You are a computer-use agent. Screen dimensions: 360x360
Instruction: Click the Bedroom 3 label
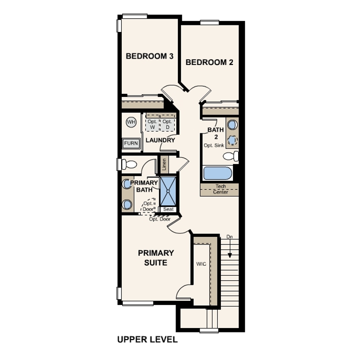coord(149,56)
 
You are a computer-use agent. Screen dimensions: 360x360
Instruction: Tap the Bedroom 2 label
coord(209,62)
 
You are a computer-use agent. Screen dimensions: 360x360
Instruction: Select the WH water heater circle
coord(131,122)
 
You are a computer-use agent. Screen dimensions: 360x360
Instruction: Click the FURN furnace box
coord(131,143)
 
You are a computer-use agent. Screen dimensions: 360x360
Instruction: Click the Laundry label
coord(160,140)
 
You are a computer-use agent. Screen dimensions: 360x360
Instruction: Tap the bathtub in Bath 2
coord(217,173)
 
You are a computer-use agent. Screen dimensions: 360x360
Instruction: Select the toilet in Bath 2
coord(231,156)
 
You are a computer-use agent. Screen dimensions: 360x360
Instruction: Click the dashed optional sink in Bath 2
coord(232,140)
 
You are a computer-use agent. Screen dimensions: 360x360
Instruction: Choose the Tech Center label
coord(220,189)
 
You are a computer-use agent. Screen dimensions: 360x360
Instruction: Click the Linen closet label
coord(164,164)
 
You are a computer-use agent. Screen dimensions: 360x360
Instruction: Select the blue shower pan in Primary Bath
coord(168,191)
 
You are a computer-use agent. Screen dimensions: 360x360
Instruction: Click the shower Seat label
coord(168,209)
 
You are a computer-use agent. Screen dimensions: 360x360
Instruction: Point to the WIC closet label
coord(201,264)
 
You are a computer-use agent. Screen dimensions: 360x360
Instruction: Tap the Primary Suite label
coord(156,258)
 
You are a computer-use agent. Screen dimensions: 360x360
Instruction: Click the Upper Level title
coord(148,340)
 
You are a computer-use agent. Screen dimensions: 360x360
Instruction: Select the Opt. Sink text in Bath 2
coord(214,145)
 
